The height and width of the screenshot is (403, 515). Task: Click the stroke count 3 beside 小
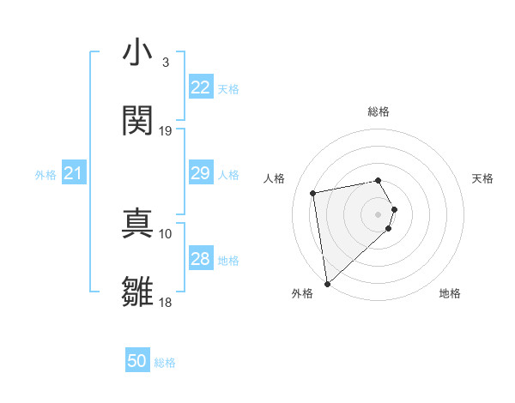pyautogui.click(x=165, y=63)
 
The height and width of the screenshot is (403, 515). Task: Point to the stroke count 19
pyautogui.click(x=166, y=131)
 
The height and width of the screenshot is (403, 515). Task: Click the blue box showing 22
pyautogui.click(x=201, y=87)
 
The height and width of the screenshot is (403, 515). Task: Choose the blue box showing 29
pyautogui.click(x=201, y=173)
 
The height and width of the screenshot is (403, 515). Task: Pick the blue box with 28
pyautogui.click(x=201, y=259)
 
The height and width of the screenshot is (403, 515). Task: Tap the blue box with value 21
pyautogui.click(x=74, y=174)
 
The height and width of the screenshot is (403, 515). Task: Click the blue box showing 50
pyautogui.click(x=137, y=361)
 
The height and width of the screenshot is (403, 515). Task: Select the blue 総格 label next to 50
pyautogui.click(x=165, y=363)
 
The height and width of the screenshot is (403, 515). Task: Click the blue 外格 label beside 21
pyautogui.click(x=45, y=175)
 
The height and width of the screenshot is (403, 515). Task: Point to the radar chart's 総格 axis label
pyautogui.click(x=379, y=111)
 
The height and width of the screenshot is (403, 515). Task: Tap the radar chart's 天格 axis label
pyautogui.click(x=482, y=178)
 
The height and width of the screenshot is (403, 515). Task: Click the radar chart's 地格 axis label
pyautogui.click(x=450, y=293)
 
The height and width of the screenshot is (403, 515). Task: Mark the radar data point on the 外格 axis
pyautogui.click(x=327, y=283)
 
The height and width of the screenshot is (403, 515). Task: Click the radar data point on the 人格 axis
pyautogui.click(x=313, y=192)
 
